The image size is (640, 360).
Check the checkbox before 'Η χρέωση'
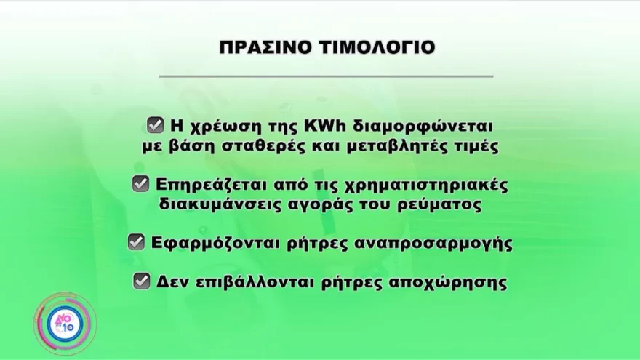[155, 125]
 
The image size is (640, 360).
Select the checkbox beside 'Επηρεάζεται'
[140, 184]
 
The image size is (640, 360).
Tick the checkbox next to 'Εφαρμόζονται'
[136, 242]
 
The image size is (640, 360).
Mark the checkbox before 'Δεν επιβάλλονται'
[142, 281]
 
